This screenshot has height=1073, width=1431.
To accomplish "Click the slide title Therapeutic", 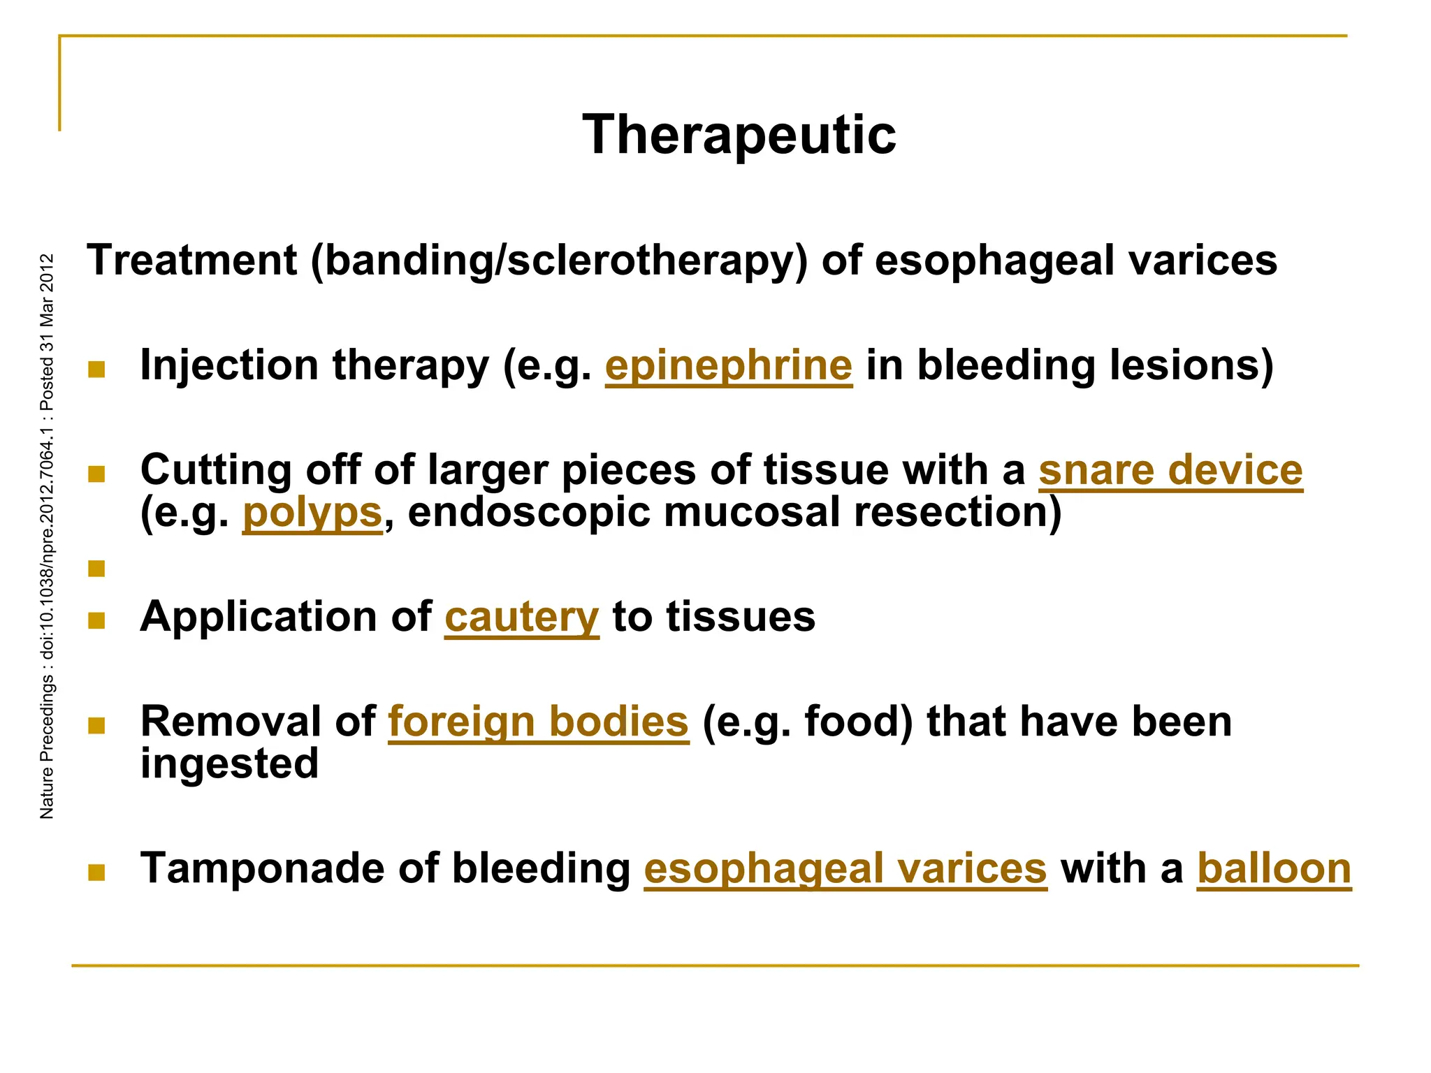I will click(x=739, y=135).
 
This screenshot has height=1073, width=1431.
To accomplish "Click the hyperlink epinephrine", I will click(x=728, y=365).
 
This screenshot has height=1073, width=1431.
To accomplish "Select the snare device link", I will click(x=1170, y=470).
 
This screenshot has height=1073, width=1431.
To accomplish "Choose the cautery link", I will click(x=521, y=618).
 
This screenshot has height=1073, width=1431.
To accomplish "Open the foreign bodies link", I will click(x=538, y=722).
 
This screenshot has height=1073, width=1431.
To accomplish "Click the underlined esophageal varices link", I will click(x=845, y=869).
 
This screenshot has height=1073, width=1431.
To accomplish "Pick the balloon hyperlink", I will click(x=1274, y=869).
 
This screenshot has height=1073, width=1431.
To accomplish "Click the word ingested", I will click(x=229, y=764).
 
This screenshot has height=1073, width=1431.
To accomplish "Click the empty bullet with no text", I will click(x=96, y=569).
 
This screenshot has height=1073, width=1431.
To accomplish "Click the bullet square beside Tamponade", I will click(x=96, y=872).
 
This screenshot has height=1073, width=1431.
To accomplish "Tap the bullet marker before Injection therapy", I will click(x=96, y=369).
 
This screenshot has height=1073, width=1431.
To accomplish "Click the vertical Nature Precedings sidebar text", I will click(x=47, y=536).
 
